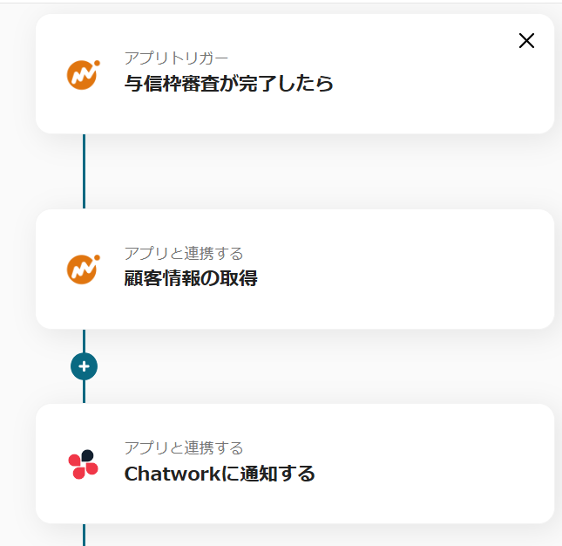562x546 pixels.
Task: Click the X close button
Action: (526, 41)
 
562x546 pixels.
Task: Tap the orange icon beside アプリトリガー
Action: (83, 74)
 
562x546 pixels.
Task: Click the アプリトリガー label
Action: (177, 58)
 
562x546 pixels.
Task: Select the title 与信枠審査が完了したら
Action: (228, 84)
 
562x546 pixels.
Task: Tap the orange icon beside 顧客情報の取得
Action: (83, 269)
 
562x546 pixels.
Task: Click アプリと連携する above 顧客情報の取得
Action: (184, 253)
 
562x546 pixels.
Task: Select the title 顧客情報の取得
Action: (191, 279)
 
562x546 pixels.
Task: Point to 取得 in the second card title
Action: (240, 279)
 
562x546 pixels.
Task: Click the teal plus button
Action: (84, 367)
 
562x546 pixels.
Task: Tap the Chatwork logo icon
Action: (83, 464)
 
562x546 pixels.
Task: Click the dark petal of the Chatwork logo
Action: (87, 455)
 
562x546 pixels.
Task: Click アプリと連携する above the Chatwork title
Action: (184, 448)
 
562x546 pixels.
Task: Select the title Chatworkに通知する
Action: (220, 474)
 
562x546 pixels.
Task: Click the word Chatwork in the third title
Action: (166, 474)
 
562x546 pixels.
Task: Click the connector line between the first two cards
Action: (84, 171)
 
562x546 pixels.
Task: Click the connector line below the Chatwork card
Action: (84, 535)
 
